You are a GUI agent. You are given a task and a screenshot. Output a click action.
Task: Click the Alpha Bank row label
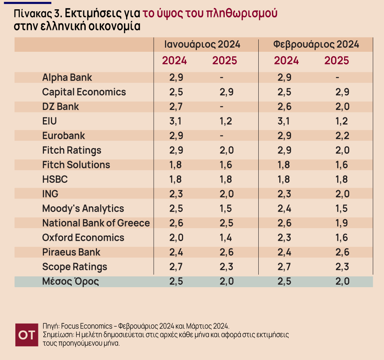pos(67,78)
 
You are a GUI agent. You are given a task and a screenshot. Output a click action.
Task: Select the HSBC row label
pos(55,180)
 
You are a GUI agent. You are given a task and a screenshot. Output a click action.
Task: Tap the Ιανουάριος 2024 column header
pos(202,44)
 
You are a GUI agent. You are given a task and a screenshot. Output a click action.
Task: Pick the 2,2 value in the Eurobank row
pos(342,136)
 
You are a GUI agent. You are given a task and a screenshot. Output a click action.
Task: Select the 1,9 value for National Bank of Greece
pos(342,223)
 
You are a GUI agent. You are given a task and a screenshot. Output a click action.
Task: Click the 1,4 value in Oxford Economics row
pos(226,238)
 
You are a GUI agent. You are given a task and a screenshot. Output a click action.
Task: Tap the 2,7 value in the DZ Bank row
pos(176,107)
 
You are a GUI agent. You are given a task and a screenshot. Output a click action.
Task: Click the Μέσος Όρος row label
pos(70,282)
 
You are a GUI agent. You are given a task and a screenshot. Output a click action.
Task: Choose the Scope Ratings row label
pos(75,267)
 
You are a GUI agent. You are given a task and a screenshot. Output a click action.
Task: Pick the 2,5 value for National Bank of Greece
pos(226,223)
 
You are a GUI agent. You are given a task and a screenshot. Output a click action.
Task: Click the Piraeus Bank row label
pos(71,252)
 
